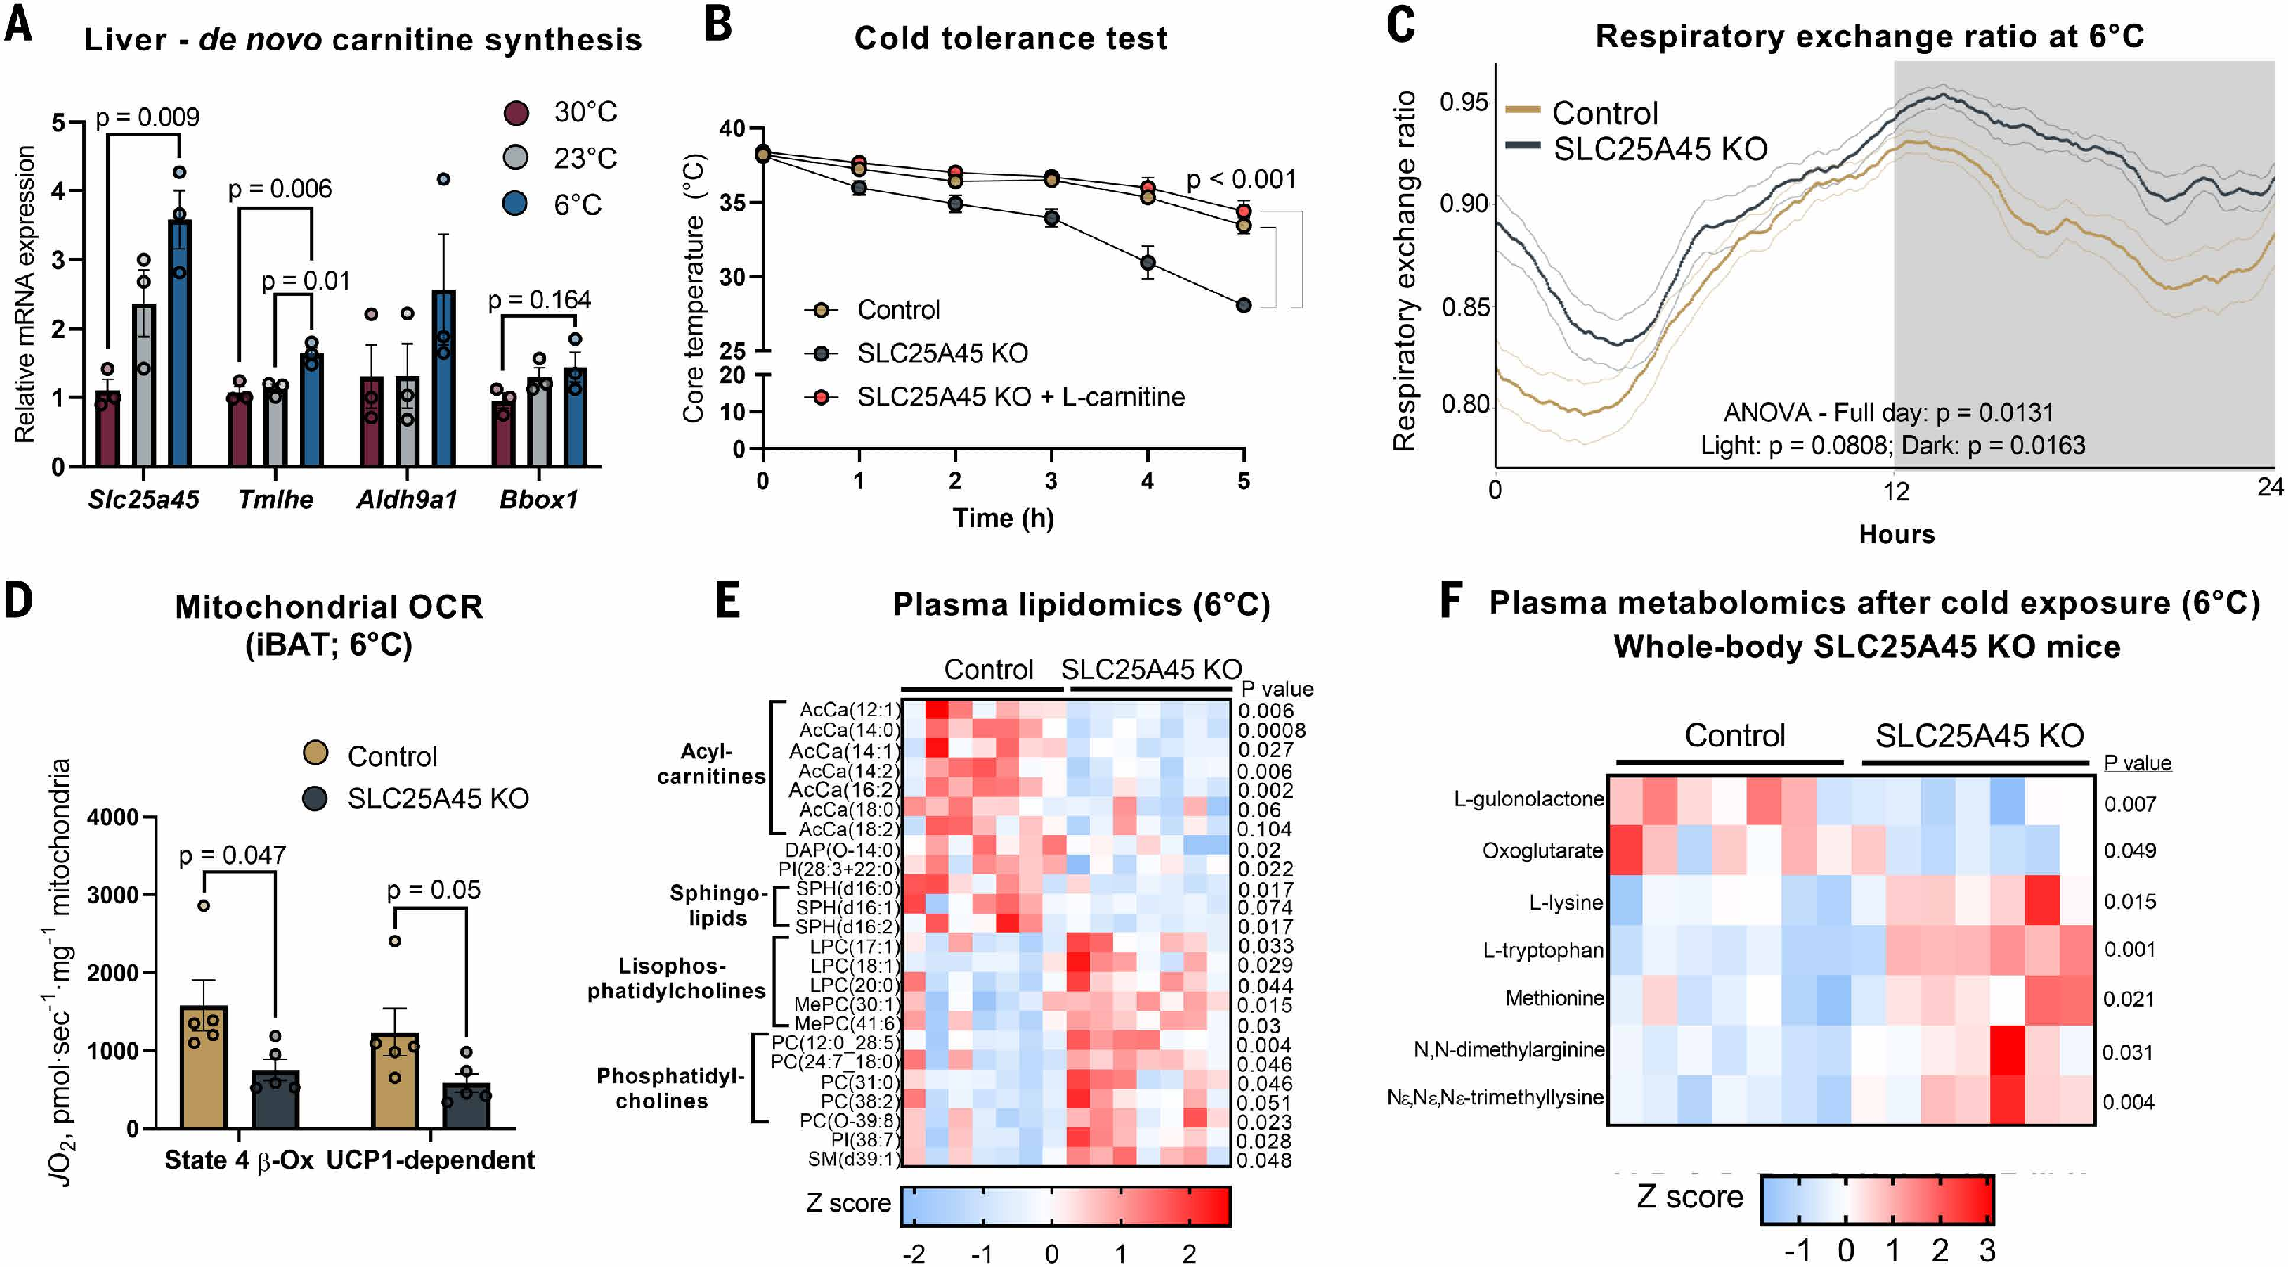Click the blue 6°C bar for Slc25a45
(x=181, y=346)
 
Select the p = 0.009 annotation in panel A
(x=147, y=118)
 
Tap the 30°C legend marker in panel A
(x=516, y=113)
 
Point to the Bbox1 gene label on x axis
(x=538, y=499)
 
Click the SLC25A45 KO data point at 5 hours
(x=1243, y=305)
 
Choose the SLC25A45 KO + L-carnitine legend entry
(x=1019, y=396)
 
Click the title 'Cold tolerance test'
(x=1011, y=38)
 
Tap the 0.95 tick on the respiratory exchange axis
(x=1463, y=103)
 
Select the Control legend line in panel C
(x=1523, y=110)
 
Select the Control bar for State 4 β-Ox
(x=203, y=1066)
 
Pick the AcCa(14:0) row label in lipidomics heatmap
(x=849, y=731)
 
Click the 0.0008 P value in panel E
(x=1272, y=731)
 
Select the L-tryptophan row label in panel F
(x=1543, y=950)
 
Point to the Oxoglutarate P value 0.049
(x=2130, y=850)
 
